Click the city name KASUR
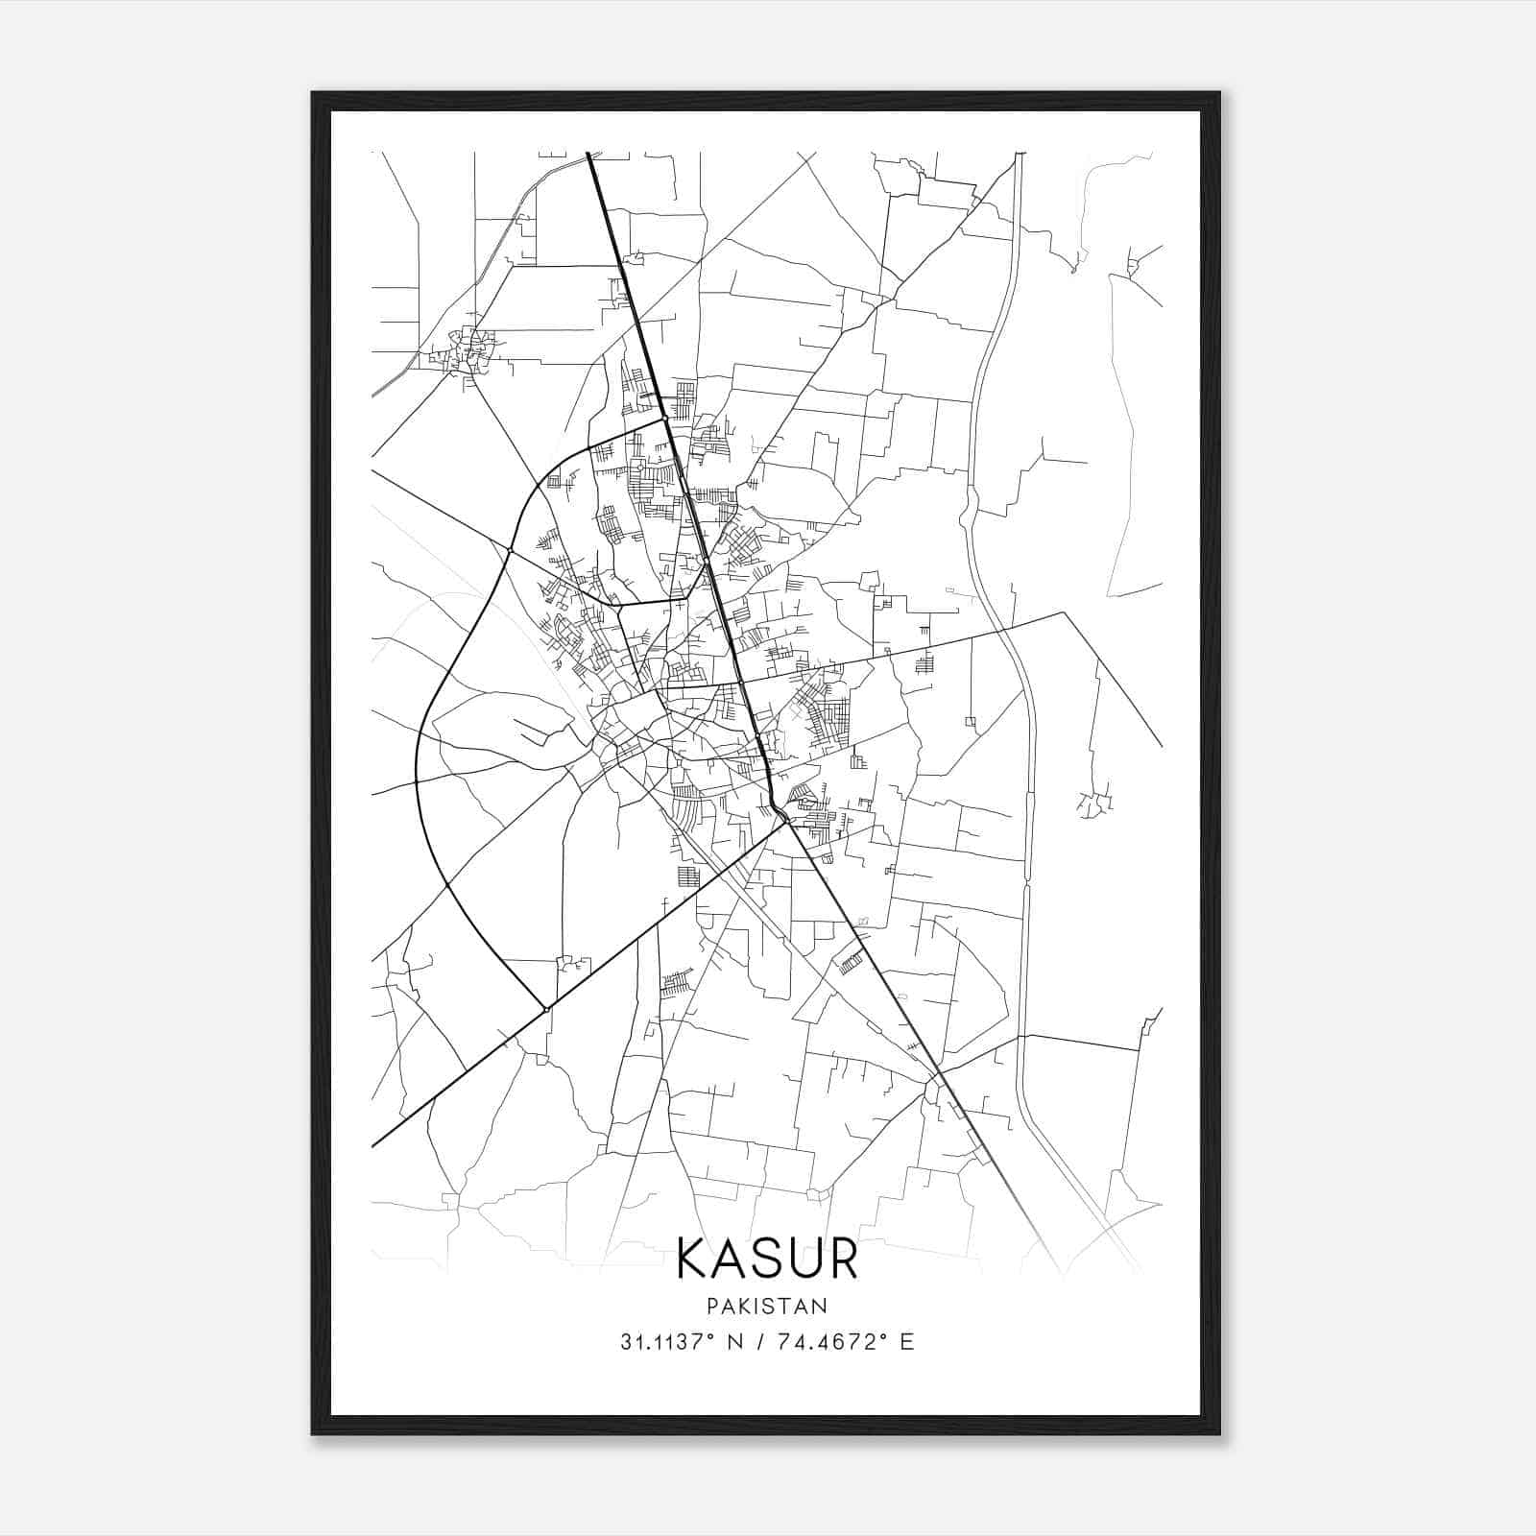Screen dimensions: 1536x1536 pyautogui.click(x=767, y=1259)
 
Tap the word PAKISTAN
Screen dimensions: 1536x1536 pyautogui.click(x=767, y=1307)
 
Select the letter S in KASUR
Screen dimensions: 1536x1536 pyautogui.click(x=766, y=1259)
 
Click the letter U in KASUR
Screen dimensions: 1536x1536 pyautogui.click(x=803, y=1259)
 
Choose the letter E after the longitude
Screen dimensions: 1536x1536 pyautogui.click(x=907, y=1342)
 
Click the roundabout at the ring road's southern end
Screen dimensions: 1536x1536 pyautogui.click(x=546, y=1009)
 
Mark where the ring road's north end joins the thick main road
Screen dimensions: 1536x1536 pyautogui.click(x=663, y=419)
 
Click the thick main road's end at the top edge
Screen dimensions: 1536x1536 pyautogui.click(x=588, y=154)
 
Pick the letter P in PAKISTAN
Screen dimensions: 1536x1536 pyautogui.click(x=711, y=1307)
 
